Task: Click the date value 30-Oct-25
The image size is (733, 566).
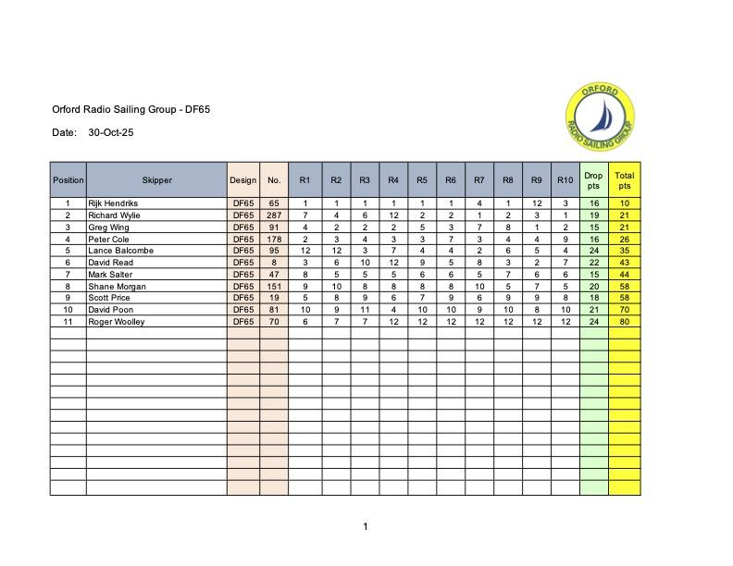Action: click(111, 133)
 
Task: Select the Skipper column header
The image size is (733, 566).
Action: click(156, 180)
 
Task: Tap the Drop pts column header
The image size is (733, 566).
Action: click(593, 180)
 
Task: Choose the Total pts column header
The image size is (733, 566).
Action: click(625, 180)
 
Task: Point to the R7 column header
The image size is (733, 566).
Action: click(478, 180)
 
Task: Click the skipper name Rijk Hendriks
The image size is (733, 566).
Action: click(113, 203)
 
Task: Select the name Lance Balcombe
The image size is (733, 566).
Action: click(120, 251)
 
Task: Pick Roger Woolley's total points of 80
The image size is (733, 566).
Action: click(625, 322)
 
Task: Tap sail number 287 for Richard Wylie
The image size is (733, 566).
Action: click(273, 215)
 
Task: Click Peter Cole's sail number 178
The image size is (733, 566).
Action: click(273, 239)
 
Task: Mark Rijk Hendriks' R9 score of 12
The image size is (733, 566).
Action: click(536, 203)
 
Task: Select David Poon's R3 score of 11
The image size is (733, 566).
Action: click(365, 310)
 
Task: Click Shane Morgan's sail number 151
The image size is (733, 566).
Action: click(273, 287)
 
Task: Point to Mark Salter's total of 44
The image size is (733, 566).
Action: click(625, 275)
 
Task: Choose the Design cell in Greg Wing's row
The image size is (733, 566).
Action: click(242, 227)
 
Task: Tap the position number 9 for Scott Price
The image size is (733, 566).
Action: click(68, 298)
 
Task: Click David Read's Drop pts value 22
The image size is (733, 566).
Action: click(593, 263)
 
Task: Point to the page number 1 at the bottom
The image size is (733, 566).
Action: click(366, 527)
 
